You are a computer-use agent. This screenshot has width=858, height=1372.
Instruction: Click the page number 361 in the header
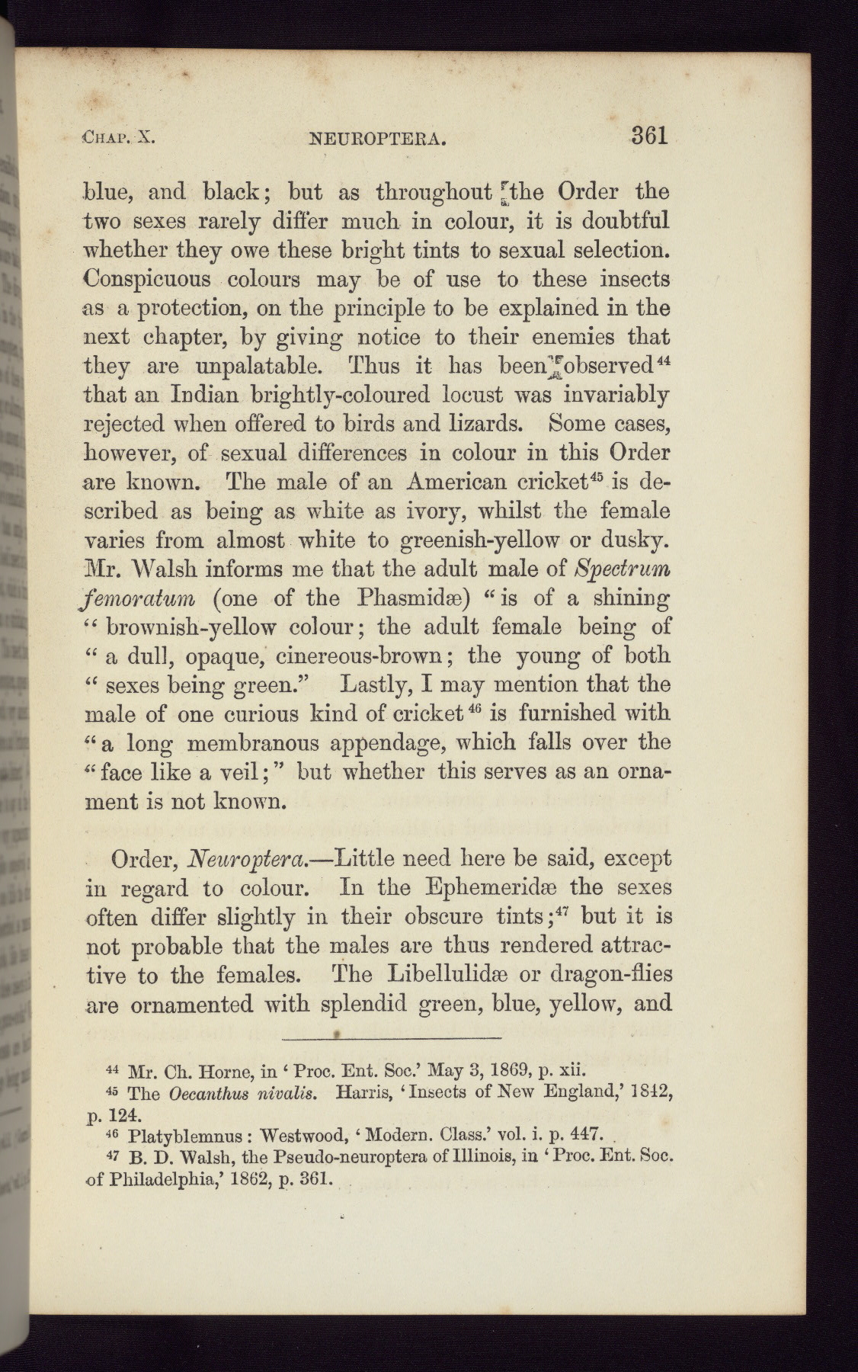[x=649, y=136]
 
